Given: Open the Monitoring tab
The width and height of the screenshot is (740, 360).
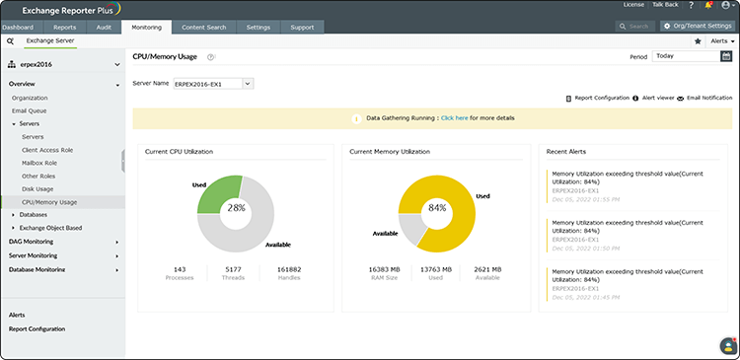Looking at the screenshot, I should click(x=146, y=27).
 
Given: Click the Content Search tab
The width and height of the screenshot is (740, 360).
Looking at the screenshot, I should click(x=202, y=27).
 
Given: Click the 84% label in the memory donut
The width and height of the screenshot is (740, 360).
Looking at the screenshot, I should click(x=436, y=208).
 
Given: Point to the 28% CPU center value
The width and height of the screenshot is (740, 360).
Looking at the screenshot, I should click(x=236, y=208).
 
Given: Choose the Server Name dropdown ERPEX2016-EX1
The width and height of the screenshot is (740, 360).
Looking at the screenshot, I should click(x=213, y=84).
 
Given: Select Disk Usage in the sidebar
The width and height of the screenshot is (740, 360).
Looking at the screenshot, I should click(x=37, y=188).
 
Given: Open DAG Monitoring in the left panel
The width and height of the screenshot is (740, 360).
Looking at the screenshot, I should click(x=32, y=241).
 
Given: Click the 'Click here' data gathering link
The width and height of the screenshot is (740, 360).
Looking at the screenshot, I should click(x=455, y=118).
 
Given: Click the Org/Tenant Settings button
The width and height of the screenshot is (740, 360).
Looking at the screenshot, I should click(x=698, y=27).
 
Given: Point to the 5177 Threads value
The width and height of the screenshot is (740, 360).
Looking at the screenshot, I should click(x=234, y=268).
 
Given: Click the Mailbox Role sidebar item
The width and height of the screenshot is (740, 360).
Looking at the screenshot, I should click(x=40, y=163).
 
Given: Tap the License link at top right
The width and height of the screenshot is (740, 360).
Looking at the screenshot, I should click(x=633, y=5).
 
